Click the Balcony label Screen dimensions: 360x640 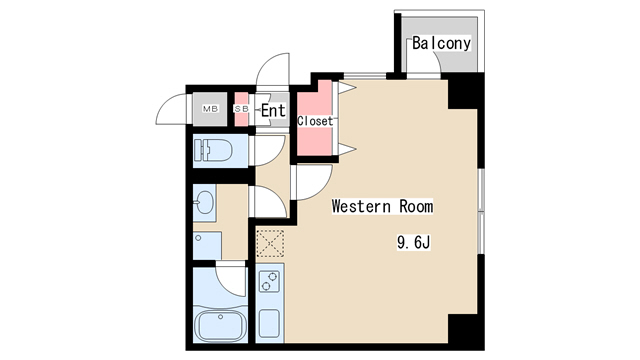(x=441, y=44)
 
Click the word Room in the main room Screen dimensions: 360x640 (x=416, y=207)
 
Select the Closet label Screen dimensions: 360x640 (x=316, y=121)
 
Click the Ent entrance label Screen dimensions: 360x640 (x=273, y=111)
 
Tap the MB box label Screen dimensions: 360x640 (x=211, y=109)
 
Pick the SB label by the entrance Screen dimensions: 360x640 (x=241, y=109)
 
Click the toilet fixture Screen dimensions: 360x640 (x=214, y=152)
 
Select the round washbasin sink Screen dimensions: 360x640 (x=204, y=202)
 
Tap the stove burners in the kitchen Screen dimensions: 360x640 (x=270, y=283)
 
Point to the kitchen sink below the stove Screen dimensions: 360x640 (x=270, y=323)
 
